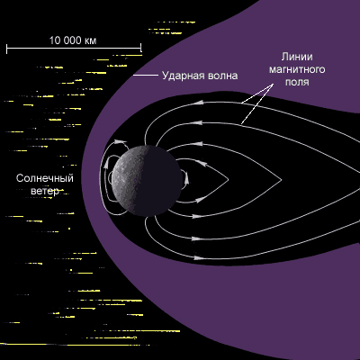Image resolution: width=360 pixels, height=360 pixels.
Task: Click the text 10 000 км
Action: pos(73,40)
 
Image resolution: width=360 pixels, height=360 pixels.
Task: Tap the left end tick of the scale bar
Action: pos(7,48)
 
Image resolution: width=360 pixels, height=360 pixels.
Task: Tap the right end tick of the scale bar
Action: pos(141,48)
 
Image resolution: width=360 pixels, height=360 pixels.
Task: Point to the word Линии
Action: pos(297,57)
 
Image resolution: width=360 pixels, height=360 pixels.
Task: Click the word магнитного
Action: pos(297,69)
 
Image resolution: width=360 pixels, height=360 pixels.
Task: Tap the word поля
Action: pos(297,82)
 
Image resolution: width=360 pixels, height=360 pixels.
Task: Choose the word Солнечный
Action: pos(45,178)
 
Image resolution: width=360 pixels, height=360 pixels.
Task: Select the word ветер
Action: pos(45,191)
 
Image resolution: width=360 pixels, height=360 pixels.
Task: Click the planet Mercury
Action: pos(147,181)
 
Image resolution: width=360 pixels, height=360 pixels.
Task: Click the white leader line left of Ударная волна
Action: pos(146,75)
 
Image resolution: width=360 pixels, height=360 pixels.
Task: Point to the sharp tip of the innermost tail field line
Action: pos(229,179)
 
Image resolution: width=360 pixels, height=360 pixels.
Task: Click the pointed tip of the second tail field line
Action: pos(282,180)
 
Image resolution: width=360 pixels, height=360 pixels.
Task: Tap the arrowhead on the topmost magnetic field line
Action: pos(198,103)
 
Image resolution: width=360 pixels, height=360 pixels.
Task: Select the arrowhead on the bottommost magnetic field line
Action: pos(197,257)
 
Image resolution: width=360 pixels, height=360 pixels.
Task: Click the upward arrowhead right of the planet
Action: pos(186,178)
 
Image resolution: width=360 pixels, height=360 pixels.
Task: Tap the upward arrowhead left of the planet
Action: pos(106,165)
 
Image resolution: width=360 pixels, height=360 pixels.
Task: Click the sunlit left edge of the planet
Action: pos(112,180)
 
